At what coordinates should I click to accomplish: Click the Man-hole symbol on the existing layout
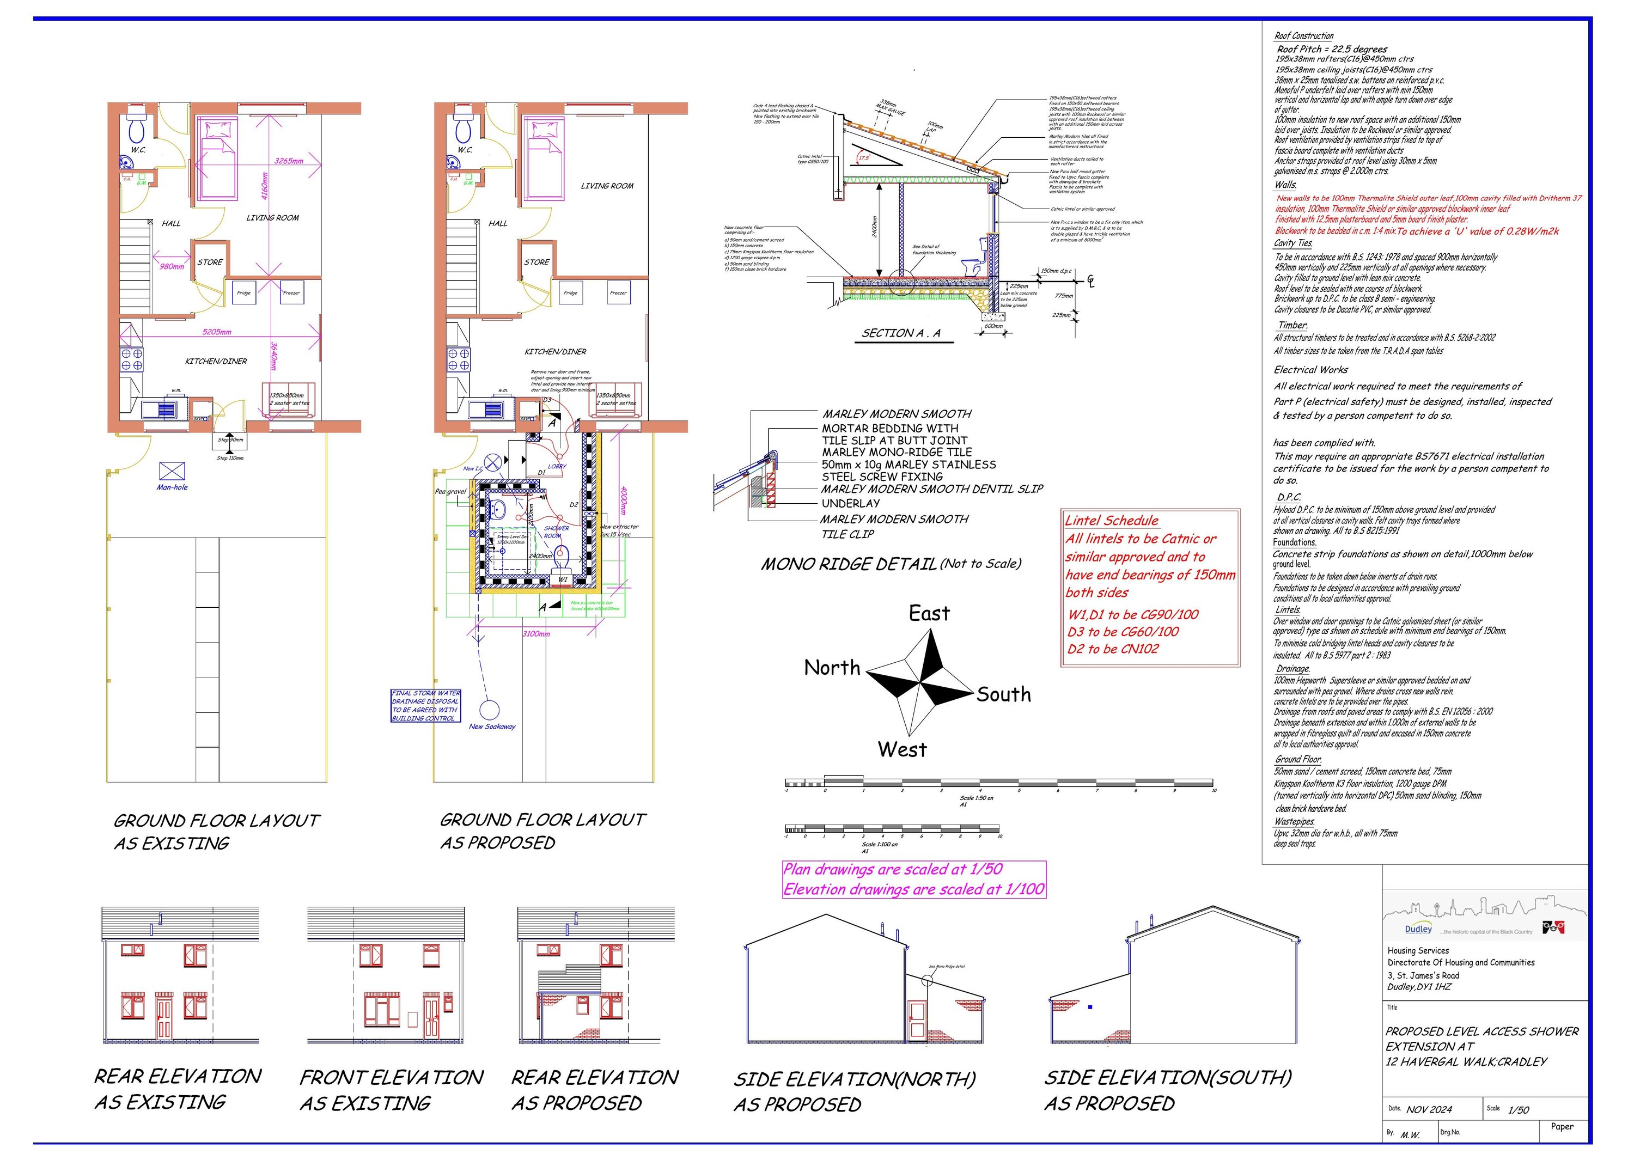click(x=172, y=471)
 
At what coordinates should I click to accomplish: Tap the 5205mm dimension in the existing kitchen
click(x=216, y=332)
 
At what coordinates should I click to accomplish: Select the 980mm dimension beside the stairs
click(x=172, y=267)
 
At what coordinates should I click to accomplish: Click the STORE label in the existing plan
click(x=210, y=262)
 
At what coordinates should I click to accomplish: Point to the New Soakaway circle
click(x=489, y=710)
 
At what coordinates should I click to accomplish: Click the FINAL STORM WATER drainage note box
click(x=425, y=706)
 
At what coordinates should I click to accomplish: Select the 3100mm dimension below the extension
click(x=536, y=634)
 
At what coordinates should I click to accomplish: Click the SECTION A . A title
click(x=900, y=333)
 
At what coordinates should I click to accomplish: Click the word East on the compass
click(x=929, y=613)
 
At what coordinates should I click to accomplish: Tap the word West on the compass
click(x=901, y=750)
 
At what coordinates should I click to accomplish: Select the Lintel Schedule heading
click(x=1111, y=521)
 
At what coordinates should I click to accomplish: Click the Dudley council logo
click(x=1418, y=929)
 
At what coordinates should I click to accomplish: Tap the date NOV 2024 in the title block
click(x=1429, y=1109)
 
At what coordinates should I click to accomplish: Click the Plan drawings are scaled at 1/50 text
click(x=893, y=869)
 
